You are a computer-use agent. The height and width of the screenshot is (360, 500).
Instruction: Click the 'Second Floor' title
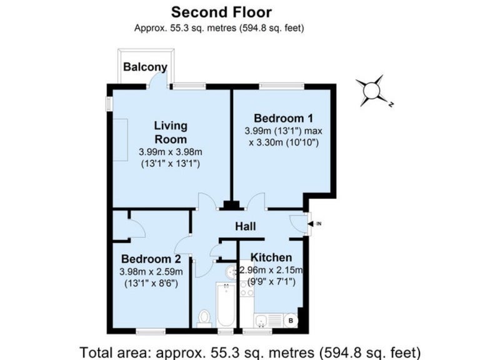coord(221,12)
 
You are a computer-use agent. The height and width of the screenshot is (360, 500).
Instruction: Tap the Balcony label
coord(145,67)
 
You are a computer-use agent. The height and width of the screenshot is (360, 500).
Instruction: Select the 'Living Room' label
coord(171,132)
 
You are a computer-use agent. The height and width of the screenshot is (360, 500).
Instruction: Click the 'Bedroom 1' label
coord(284,118)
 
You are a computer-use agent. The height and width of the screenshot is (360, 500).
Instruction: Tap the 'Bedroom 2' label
coord(151,259)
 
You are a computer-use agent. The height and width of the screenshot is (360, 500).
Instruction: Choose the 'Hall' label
coord(246,226)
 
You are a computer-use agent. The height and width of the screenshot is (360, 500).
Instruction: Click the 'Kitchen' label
coord(271,257)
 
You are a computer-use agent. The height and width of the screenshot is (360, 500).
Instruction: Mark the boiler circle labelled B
coord(291,321)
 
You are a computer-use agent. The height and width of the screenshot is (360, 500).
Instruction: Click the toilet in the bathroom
coord(204,319)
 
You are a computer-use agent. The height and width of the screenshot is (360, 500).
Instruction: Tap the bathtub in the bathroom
coord(226,304)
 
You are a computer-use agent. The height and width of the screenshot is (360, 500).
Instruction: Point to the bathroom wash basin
coord(232,272)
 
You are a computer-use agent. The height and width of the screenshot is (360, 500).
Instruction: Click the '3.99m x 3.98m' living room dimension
coord(171,152)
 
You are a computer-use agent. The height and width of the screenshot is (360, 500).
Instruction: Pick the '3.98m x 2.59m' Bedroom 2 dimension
coord(151,272)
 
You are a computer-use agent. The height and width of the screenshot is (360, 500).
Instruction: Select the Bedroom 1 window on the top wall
coord(282,85)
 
